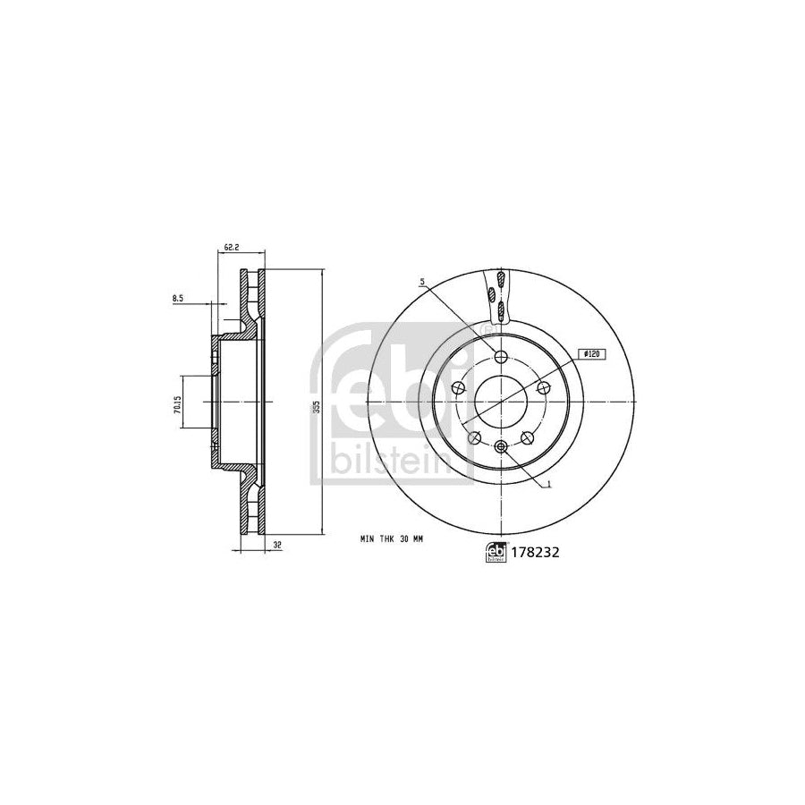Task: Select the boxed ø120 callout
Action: point(589,354)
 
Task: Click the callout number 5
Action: point(422,284)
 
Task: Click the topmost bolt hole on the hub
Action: point(500,357)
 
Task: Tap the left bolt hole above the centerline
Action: point(460,388)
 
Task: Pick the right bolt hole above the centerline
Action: point(541,386)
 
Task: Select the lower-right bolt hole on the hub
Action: point(527,437)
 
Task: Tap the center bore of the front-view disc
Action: point(500,402)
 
